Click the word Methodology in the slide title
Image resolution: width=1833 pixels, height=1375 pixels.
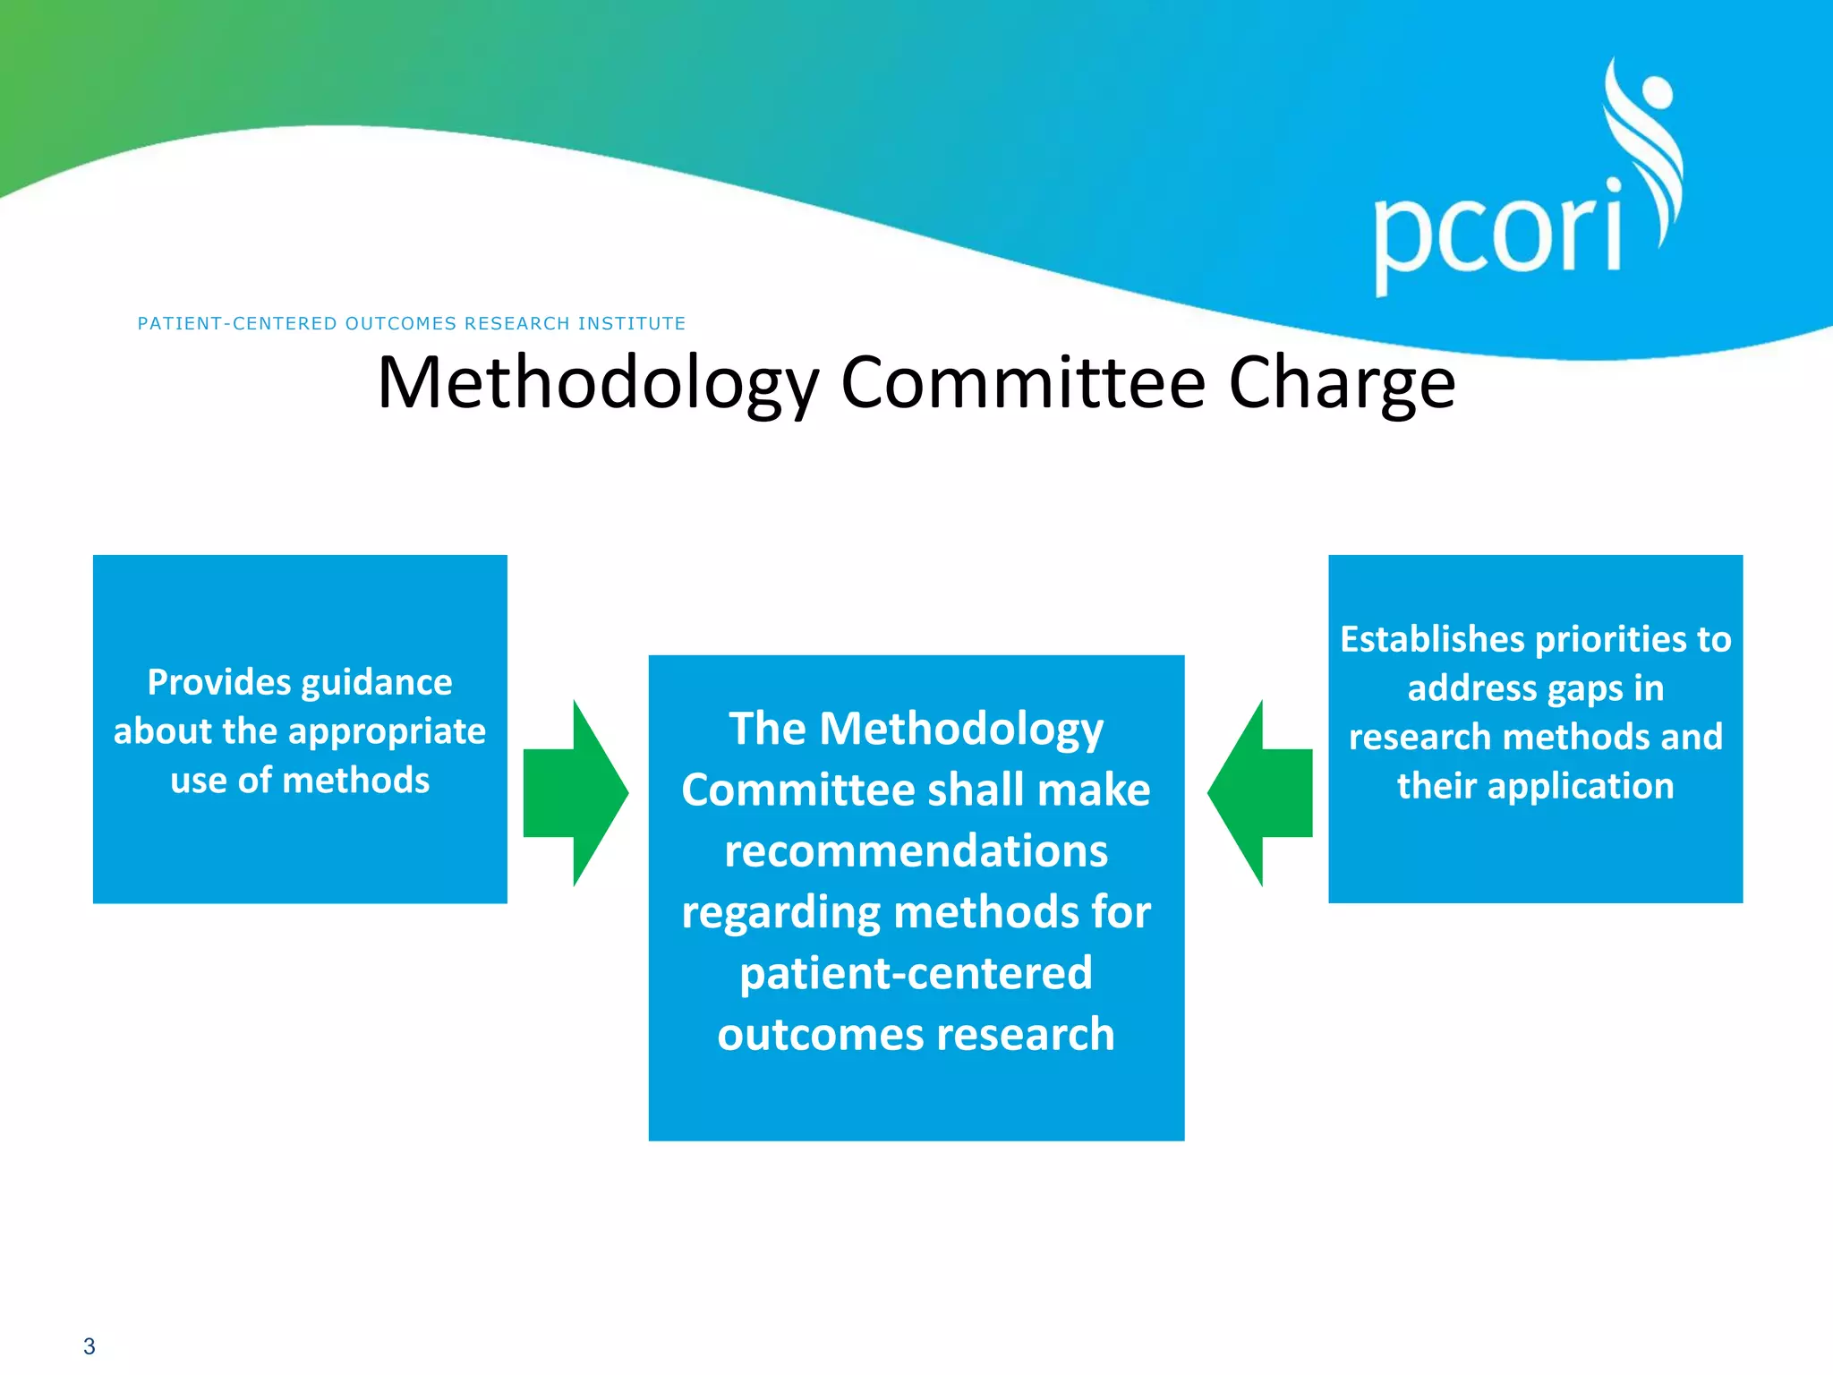click(x=598, y=383)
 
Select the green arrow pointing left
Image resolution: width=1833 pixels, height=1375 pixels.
click(x=1257, y=793)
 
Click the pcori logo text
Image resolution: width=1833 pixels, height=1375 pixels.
click(x=1496, y=235)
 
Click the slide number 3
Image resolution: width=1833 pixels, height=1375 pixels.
click(x=89, y=1346)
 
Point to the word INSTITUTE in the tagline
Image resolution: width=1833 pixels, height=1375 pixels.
click(x=631, y=323)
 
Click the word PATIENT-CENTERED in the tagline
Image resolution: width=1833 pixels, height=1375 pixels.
click(x=237, y=323)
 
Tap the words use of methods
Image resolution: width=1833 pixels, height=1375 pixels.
click(x=300, y=781)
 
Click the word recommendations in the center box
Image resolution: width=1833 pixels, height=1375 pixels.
click(x=916, y=850)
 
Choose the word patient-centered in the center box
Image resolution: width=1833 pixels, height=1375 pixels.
click(x=916, y=973)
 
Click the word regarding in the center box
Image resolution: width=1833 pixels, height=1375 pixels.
click(x=780, y=913)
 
